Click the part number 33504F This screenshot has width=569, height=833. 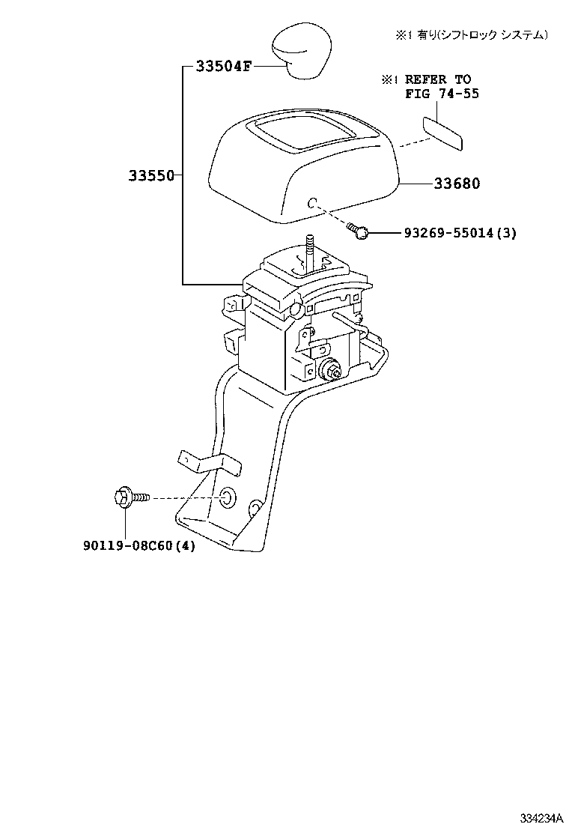pyautogui.click(x=223, y=66)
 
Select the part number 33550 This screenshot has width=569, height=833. pyautogui.click(x=150, y=176)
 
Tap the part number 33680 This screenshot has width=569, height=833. pyautogui.click(x=456, y=184)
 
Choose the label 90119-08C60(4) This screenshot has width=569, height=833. pyautogui.click(x=139, y=546)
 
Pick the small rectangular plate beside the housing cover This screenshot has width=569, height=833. pyautogui.click(x=442, y=133)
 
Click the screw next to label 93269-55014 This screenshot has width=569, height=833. pyautogui.click(x=361, y=233)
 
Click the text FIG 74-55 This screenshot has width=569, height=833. pyautogui.click(x=442, y=94)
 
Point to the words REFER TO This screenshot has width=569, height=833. pyautogui.click(x=438, y=79)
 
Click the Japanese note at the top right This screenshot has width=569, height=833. pyautogui.click(x=472, y=35)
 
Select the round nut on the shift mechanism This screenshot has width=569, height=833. pyautogui.click(x=330, y=369)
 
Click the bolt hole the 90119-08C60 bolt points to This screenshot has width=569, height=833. pyautogui.click(x=227, y=497)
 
